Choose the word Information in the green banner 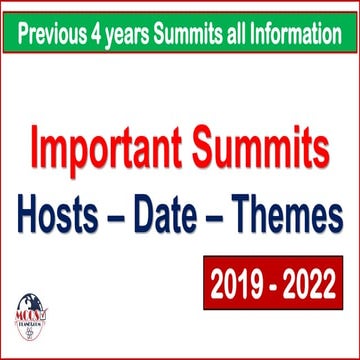[x=304, y=37]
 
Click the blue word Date [x=180, y=212]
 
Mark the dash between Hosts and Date [x=125, y=214]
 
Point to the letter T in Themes [x=250, y=212]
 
